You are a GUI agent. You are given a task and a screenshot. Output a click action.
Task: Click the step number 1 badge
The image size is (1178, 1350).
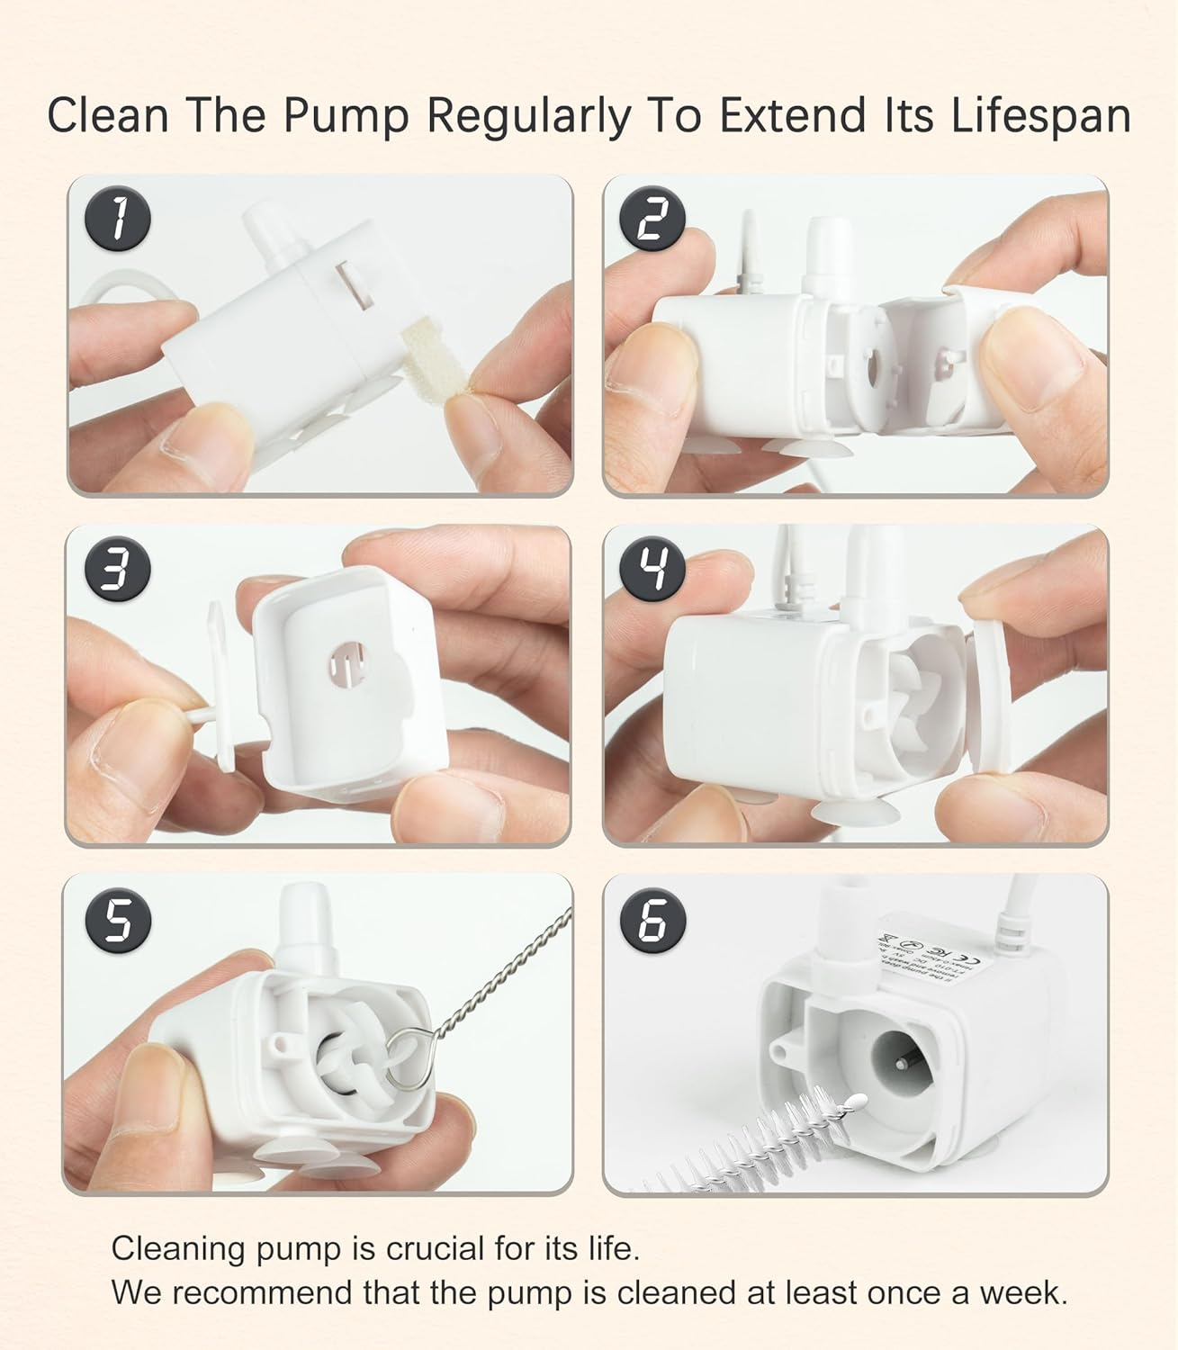click(117, 220)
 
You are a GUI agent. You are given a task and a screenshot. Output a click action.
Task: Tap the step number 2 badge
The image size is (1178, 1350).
click(653, 220)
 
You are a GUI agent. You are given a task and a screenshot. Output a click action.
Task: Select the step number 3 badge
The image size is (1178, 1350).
click(117, 570)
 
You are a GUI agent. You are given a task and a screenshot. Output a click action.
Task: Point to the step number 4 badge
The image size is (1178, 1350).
click(653, 570)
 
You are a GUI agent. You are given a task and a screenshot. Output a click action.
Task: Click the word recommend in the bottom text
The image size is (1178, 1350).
click(259, 1293)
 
